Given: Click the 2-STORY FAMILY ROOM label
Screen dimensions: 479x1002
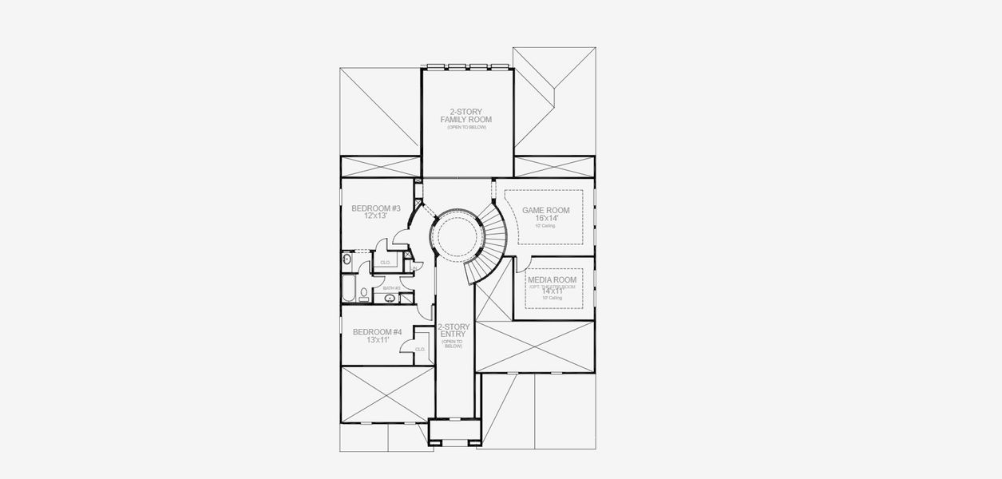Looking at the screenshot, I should (x=466, y=116).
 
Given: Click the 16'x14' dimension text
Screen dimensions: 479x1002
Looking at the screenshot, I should (x=545, y=218).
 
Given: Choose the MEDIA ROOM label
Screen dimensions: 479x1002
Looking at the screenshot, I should (x=552, y=280).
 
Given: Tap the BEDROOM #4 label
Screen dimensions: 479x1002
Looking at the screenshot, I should (x=377, y=332).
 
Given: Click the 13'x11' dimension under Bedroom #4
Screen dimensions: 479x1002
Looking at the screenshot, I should (x=377, y=340).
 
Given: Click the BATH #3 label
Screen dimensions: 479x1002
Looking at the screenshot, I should (x=391, y=288).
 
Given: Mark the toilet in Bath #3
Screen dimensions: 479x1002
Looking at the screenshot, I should (x=364, y=294).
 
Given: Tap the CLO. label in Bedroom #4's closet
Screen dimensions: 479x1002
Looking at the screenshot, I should (x=420, y=349).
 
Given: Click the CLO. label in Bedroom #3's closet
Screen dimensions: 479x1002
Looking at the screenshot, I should (x=385, y=262).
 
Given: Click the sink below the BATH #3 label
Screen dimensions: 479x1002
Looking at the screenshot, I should (x=390, y=298).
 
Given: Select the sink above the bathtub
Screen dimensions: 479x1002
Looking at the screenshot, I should (x=347, y=259).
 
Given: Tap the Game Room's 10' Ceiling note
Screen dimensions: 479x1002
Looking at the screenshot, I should (x=545, y=226).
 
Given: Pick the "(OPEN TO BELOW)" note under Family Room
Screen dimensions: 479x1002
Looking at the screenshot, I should (x=466, y=128).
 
